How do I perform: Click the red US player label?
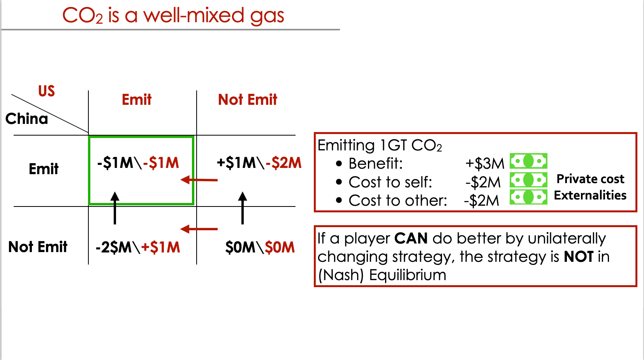(x=47, y=91)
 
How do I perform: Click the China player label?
(x=27, y=118)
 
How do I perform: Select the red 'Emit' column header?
(x=137, y=100)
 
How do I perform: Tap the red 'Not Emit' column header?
(x=248, y=100)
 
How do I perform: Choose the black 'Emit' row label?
(x=44, y=169)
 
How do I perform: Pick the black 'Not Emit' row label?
(x=38, y=247)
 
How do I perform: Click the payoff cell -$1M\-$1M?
(x=138, y=163)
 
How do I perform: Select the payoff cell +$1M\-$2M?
(x=259, y=163)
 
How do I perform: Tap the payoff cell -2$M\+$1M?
(x=138, y=247)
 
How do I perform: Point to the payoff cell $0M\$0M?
(x=260, y=247)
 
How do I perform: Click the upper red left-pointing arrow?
(x=199, y=180)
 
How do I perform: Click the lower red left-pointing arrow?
(x=199, y=229)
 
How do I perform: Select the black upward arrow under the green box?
(x=115, y=208)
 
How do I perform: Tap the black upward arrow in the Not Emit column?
(x=243, y=208)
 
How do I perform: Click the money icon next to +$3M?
(x=528, y=161)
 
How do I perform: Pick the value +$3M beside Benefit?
(x=485, y=164)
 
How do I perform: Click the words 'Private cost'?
(x=591, y=179)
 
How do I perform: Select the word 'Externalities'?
(x=590, y=196)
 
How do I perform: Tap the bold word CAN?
(x=411, y=238)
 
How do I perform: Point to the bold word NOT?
(x=579, y=257)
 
